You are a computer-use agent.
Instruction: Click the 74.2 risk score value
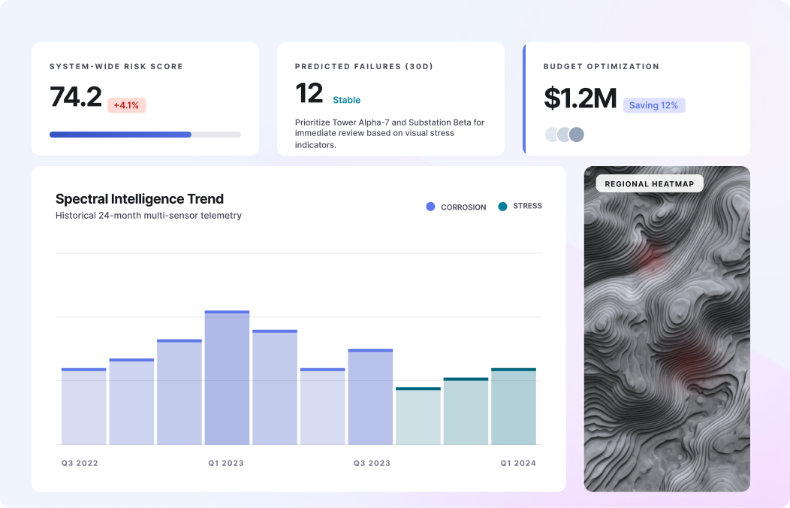[x=76, y=97]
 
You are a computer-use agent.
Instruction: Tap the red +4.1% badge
[x=126, y=105]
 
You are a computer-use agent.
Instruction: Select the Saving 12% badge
[x=653, y=105]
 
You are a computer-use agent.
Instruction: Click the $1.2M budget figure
[x=580, y=98]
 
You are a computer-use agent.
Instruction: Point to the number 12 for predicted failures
[x=309, y=94]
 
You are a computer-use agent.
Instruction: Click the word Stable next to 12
[x=346, y=100]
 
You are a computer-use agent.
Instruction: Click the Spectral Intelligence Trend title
[x=140, y=199]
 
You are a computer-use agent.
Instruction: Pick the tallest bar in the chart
[x=227, y=377]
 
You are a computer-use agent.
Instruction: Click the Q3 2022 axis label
[x=80, y=463]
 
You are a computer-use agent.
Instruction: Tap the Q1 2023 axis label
[x=226, y=463]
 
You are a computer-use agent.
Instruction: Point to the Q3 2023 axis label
[x=372, y=463]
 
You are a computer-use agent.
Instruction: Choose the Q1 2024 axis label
[x=518, y=463]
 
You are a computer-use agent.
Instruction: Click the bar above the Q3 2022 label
[x=83, y=407]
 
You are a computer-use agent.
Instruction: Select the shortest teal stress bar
[x=418, y=416]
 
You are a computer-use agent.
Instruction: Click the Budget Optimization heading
[x=601, y=66]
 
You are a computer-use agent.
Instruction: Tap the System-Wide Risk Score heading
[x=116, y=66]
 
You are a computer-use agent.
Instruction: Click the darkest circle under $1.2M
[x=576, y=135]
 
